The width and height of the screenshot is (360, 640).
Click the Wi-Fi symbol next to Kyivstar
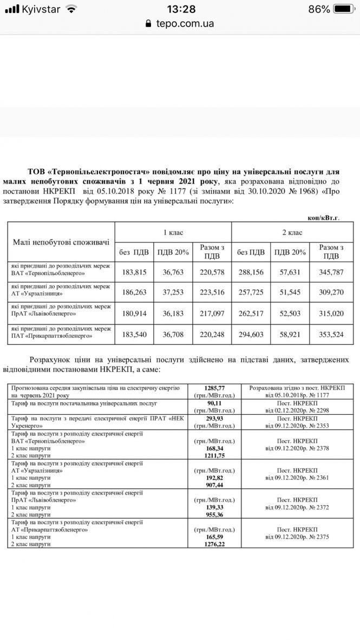pyautogui.click(x=71, y=9)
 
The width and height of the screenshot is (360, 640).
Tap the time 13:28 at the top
pyautogui.click(x=181, y=9)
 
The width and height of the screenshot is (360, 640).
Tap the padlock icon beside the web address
pyautogui.click(x=149, y=23)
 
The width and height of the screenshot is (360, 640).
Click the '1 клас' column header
pyautogui.click(x=173, y=232)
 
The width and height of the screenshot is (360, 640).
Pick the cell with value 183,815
pyautogui.click(x=134, y=272)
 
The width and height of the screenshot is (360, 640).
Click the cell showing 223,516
pyautogui.click(x=212, y=293)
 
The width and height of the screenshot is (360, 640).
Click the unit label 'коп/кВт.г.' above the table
pyautogui.click(x=323, y=217)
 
